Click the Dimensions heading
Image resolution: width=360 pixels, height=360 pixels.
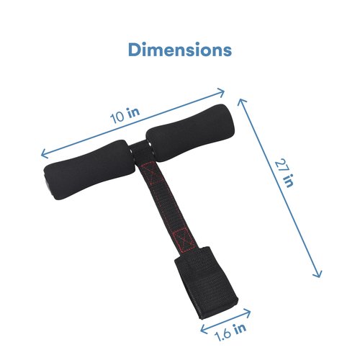(180, 50)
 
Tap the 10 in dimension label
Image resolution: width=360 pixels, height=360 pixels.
(125, 115)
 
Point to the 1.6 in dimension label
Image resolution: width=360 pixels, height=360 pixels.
(231, 332)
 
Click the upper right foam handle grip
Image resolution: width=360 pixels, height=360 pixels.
(190, 132)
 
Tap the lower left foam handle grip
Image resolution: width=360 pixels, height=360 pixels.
(87, 170)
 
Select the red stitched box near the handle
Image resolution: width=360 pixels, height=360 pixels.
(150, 172)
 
